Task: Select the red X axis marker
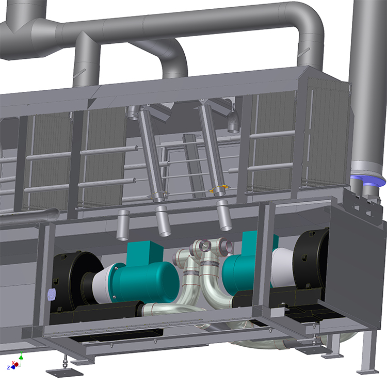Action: [17, 364]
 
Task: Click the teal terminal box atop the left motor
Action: [145, 253]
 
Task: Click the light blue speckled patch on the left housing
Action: [52, 294]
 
